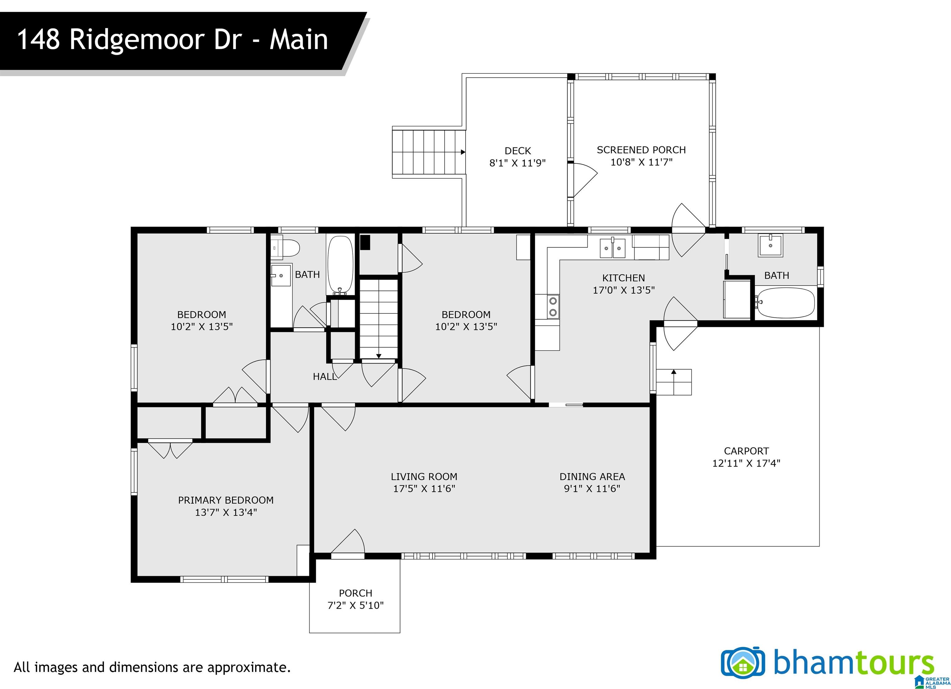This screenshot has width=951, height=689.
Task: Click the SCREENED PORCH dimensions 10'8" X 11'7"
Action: (641, 162)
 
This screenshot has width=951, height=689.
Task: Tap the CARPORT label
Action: (746, 451)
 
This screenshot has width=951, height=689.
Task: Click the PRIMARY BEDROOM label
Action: (226, 500)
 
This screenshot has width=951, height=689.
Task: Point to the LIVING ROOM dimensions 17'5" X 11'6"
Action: (424, 489)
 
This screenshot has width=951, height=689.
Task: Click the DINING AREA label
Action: (592, 477)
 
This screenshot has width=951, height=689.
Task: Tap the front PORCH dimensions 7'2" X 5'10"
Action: (356, 605)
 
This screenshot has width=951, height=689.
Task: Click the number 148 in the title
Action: (38, 40)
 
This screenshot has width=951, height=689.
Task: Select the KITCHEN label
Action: (623, 278)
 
